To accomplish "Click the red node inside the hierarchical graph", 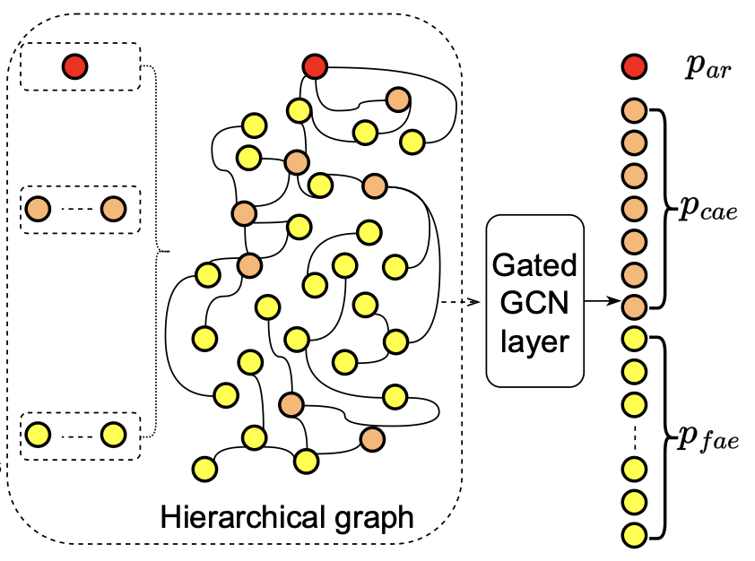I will [x=314, y=65].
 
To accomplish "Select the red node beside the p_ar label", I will [x=634, y=65].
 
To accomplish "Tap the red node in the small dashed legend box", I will [x=74, y=65].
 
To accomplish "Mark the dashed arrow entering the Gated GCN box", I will [x=461, y=303].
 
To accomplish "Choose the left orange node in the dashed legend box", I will [x=39, y=210].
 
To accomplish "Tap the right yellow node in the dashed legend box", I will [x=112, y=435].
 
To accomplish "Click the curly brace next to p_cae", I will [x=663, y=207].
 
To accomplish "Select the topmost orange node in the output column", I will [x=634, y=112].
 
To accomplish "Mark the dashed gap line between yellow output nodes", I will [x=634, y=436].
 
